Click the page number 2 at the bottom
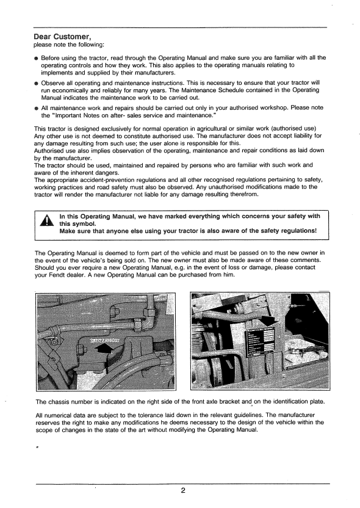pyautogui.click(x=182, y=490)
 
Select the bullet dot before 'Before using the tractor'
pyautogui.click(x=37, y=58)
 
